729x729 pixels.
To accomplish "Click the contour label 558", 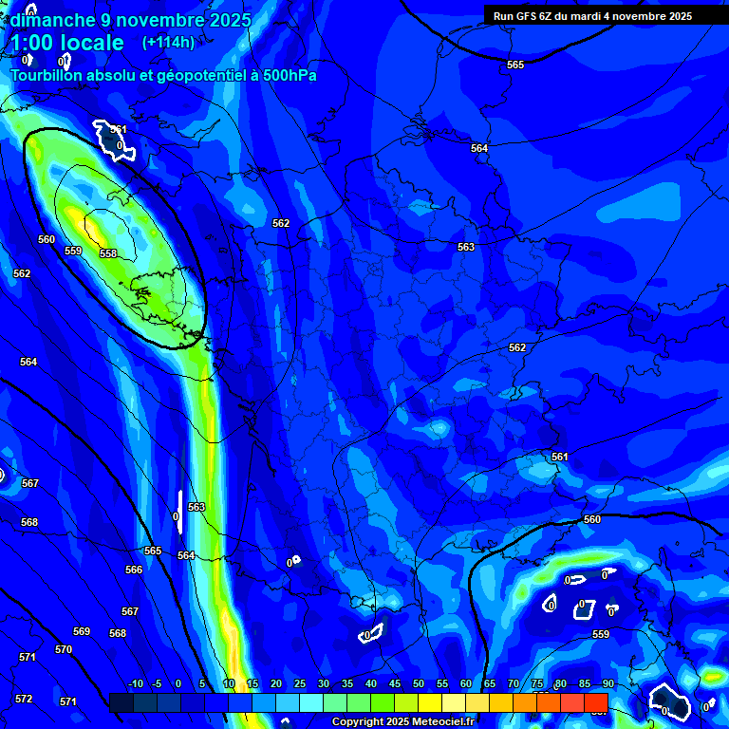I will pos(108,253).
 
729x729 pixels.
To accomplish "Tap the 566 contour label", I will pos(134,570).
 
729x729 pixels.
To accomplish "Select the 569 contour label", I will pos(82,631).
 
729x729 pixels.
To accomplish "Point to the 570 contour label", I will pos(64,649).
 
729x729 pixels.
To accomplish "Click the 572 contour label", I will pos(24,699).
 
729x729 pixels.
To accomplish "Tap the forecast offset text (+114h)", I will pos(168,42).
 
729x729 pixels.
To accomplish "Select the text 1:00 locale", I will pos(67,43).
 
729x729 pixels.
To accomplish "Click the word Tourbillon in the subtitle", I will pos(47,75).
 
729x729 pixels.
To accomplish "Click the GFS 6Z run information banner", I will pos(592,15).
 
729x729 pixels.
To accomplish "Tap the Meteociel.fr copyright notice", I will pos(403,722).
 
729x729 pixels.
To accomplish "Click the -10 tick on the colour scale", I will pos(135,684).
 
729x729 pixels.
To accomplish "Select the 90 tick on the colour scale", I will pos(607,684).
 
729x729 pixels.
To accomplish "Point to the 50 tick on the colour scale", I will pos(419,684).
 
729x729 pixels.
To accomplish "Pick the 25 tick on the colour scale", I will pos(300,684).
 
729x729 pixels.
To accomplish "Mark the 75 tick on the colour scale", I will pos(537,684).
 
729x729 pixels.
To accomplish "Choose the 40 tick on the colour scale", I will pos(371,684).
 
